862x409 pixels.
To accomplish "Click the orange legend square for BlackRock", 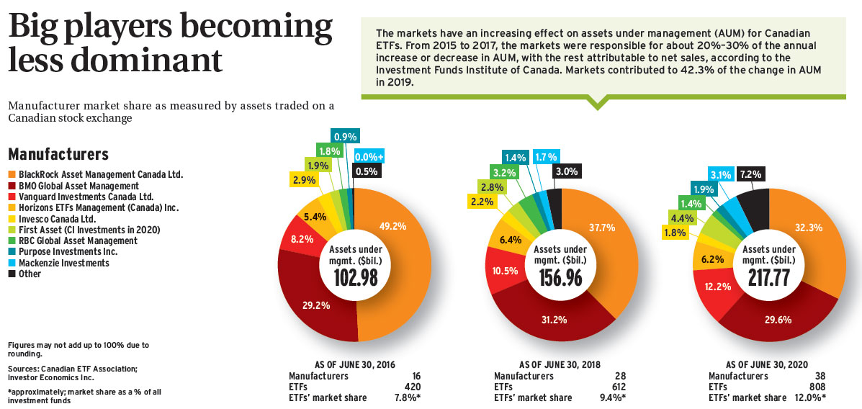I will coord(12,174).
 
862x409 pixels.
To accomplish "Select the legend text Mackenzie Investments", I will coord(64,263).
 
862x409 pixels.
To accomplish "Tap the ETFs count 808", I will coord(815,387).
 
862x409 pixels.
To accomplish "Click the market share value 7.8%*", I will coord(407,397).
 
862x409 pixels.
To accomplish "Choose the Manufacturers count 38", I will coord(818,376).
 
